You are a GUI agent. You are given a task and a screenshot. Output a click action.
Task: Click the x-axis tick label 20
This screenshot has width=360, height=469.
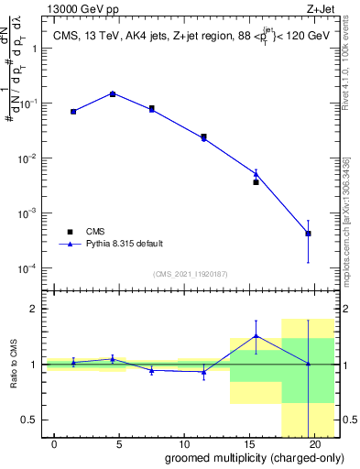pos(313,444)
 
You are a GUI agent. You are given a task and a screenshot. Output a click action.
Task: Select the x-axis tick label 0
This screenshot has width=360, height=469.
pos(55,444)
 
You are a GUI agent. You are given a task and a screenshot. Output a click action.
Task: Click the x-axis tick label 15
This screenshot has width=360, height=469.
pos(248,444)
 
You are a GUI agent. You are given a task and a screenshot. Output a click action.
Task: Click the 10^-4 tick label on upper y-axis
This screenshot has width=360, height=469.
pos(27,268)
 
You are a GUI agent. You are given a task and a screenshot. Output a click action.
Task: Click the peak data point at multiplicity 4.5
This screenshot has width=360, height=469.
pos(113,93)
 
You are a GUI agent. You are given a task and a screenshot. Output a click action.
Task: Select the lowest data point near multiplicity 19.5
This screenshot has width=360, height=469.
pos(309,234)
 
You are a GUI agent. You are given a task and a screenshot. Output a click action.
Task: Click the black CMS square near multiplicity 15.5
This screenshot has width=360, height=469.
pos(256,182)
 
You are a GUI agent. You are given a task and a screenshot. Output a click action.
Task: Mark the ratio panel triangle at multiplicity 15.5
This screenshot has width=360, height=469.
pos(256,335)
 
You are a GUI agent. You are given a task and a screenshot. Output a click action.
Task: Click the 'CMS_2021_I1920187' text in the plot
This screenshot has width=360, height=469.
pos(191,274)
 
